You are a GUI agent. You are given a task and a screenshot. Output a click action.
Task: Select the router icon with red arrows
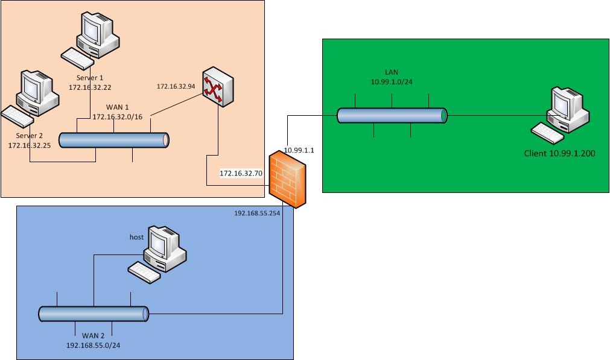coord(217,89)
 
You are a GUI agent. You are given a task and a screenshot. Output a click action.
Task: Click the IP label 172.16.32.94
coord(175,87)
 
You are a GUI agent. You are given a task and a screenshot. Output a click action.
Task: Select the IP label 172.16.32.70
coord(241,173)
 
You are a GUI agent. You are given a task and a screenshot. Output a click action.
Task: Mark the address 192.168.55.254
coord(257,213)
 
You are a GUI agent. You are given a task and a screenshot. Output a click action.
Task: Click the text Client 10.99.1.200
coord(560,154)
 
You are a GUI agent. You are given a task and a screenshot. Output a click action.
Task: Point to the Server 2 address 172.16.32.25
coord(29,145)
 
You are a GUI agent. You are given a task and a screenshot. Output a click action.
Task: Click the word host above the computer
coord(136,237)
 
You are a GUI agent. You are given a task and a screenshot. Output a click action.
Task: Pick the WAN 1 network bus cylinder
coord(115,140)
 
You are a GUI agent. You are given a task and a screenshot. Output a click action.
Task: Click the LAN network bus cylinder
coord(392,115)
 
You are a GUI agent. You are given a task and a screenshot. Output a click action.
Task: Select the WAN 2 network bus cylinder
coord(94,314)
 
